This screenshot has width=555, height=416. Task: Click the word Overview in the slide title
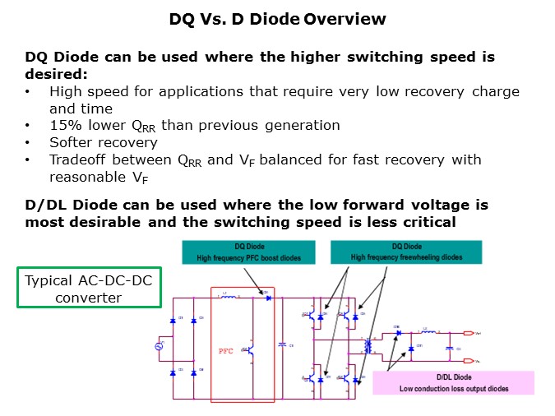pos(345,18)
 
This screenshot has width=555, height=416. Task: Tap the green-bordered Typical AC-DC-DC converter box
pos(88,287)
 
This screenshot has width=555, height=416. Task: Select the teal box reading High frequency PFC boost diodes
pos(247,252)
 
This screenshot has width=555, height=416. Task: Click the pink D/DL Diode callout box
pos(453,382)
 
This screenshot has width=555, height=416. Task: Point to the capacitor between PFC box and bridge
pos(283,345)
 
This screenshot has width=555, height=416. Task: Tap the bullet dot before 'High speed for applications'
pos(29,92)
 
